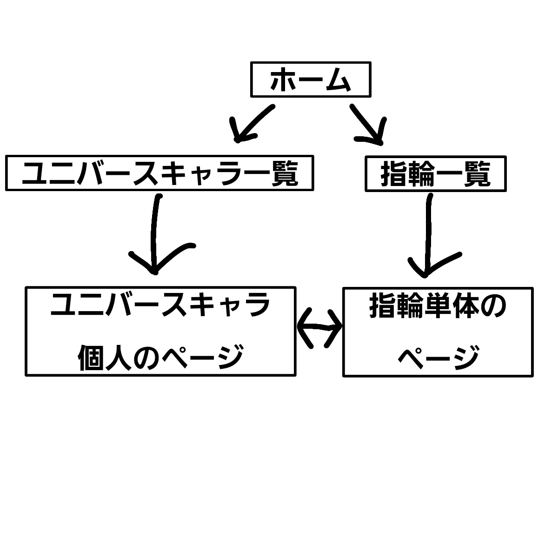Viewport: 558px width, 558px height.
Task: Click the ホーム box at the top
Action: click(311, 79)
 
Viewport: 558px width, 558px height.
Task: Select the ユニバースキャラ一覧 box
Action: click(159, 173)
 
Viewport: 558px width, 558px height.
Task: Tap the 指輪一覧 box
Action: click(435, 174)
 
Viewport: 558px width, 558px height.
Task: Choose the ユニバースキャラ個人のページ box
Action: click(160, 331)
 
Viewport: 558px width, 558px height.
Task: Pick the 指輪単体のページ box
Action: click(438, 332)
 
